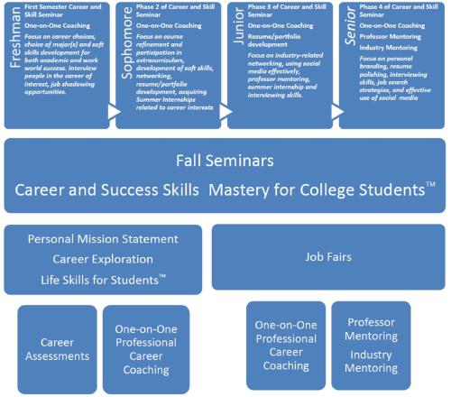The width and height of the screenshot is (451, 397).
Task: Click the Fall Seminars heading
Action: tap(224, 162)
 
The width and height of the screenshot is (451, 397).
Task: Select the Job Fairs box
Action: tap(327, 255)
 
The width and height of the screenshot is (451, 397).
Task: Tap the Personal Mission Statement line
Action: tap(103, 241)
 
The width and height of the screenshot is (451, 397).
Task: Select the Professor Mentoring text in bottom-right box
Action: tap(370, 328)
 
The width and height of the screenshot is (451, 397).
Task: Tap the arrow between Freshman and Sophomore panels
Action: tap(114, 112)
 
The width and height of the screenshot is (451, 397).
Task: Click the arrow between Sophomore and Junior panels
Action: tap(224, 112)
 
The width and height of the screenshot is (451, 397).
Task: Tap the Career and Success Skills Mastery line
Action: tap(224, 192)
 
